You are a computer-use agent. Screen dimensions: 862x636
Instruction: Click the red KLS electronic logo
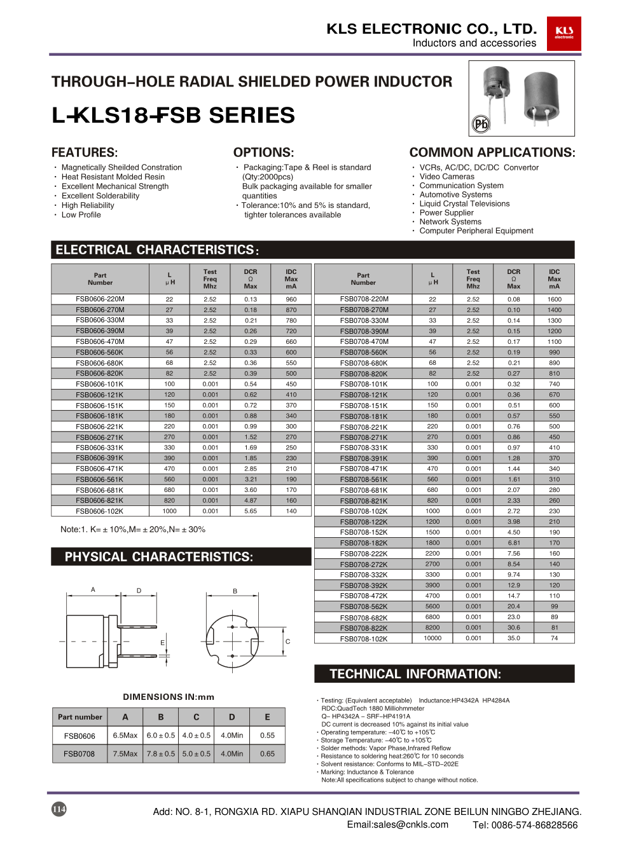[563, 34]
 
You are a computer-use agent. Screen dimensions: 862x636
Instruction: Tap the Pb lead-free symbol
[481, 124]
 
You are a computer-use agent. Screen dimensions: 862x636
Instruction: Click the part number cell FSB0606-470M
[100, 341]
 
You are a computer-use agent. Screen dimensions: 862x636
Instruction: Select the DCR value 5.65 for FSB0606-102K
[251, 511]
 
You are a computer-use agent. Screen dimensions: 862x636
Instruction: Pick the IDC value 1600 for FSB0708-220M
[554, 299]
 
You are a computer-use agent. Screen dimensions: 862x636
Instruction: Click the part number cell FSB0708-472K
[363, 596]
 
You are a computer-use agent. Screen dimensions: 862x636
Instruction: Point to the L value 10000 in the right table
[432, 638]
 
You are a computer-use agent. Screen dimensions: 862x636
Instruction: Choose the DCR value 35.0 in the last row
[513, 638]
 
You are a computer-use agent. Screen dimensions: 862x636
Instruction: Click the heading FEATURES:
[85, 153]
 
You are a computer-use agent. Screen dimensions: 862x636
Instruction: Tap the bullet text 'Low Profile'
[81, 215]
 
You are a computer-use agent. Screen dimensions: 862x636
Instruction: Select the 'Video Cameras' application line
[446, 177]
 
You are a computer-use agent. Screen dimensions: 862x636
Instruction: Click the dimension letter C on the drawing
[287, 641]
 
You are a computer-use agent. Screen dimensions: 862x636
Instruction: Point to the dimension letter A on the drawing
[93, 590]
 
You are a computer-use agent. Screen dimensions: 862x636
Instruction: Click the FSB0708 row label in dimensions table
[79, 754]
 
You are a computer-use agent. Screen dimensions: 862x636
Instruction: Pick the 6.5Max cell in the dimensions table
[125, 735]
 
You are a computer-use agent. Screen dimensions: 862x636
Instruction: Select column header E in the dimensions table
[267, 717]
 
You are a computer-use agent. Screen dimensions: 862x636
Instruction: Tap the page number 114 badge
[59, 809]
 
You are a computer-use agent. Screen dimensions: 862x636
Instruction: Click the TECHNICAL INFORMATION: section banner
[444, 674]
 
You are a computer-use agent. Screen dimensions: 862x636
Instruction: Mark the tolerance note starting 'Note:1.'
[132, 530]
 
